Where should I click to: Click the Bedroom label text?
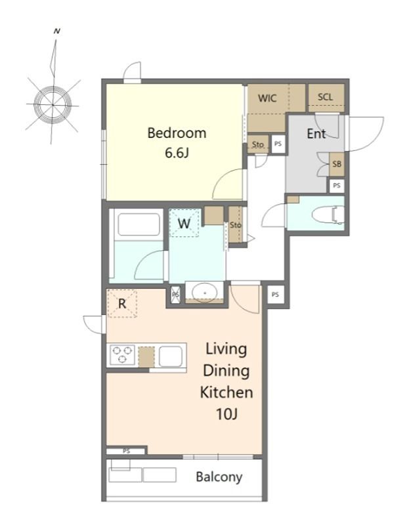click(x=177, y=133)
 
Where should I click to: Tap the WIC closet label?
click(x=267, y=98)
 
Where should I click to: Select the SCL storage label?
click(x=326, y=96)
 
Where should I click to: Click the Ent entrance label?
click(x=316, y=134)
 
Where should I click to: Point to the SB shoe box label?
click(x=337, y=164)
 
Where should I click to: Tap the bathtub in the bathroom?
click(x=139, y=224)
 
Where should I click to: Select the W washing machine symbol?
click(x=184, y=223)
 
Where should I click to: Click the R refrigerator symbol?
click(x=122, y=304)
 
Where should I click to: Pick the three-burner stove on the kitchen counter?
click(x=122, y=355)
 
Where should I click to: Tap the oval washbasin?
click(x=205, y=292)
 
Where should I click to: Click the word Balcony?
click(x=219, y=477)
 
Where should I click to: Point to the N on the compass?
click(x=57, y=31)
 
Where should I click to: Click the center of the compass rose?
click(x=53, y=105)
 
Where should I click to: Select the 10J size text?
click(x=226, y=415)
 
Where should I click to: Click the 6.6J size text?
click(x=177, y=153)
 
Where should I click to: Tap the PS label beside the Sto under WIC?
click(x=278, y=144)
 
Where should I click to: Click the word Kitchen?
click(x=226, y=392)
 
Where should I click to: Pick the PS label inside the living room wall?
click(x=126, y=451)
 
